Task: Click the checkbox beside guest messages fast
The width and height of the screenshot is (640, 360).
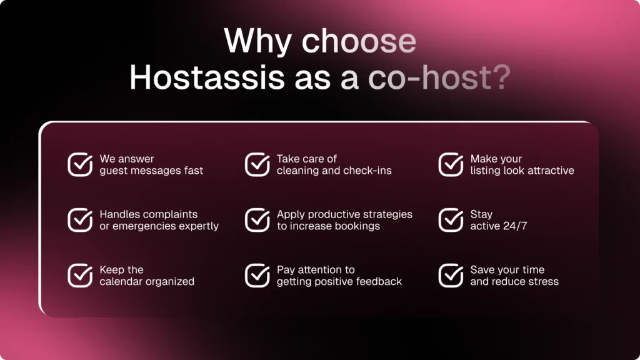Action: click(80, 164)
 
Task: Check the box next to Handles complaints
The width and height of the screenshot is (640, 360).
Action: click(80, 220)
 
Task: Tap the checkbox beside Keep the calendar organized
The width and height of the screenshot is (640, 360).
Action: click(80, 276)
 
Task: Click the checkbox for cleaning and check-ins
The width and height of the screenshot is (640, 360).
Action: click(257, 164)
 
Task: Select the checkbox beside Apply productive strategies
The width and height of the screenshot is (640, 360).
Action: click(257, 220)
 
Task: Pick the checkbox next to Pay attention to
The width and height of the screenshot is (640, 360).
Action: click(257, 276)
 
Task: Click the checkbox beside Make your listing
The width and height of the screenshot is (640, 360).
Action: click(451, 164)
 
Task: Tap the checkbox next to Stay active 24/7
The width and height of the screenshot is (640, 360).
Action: click(451, 220)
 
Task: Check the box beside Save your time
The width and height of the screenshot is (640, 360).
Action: click(451, 276)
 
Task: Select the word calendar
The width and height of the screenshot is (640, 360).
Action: click(122, 282)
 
